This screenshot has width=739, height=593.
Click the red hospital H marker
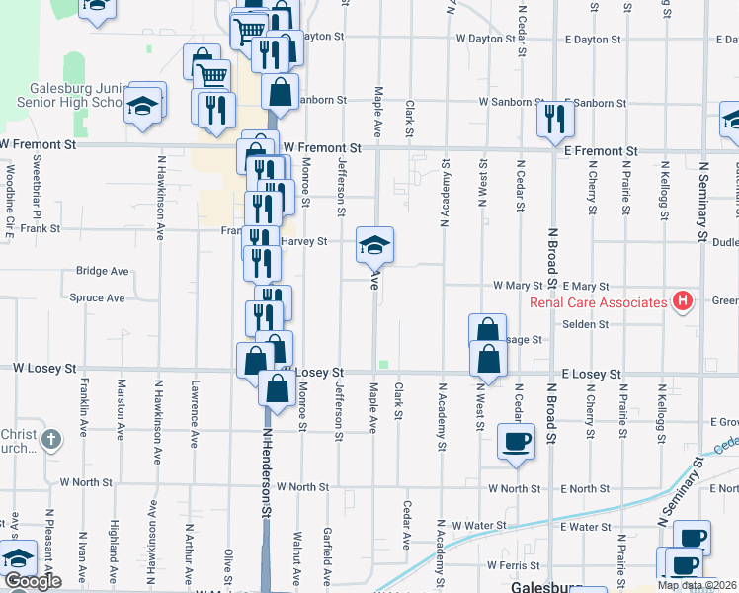click(681, 301)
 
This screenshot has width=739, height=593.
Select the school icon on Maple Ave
click(374, 245)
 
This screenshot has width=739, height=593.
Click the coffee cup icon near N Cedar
click(516, 441)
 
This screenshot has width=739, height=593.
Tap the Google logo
click(32, 581)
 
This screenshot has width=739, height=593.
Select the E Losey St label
click(591, 375)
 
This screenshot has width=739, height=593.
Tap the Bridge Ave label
click(103, 271)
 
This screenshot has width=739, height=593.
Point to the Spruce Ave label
click(98, 297)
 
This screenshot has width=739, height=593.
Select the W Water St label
click(478, 525)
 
